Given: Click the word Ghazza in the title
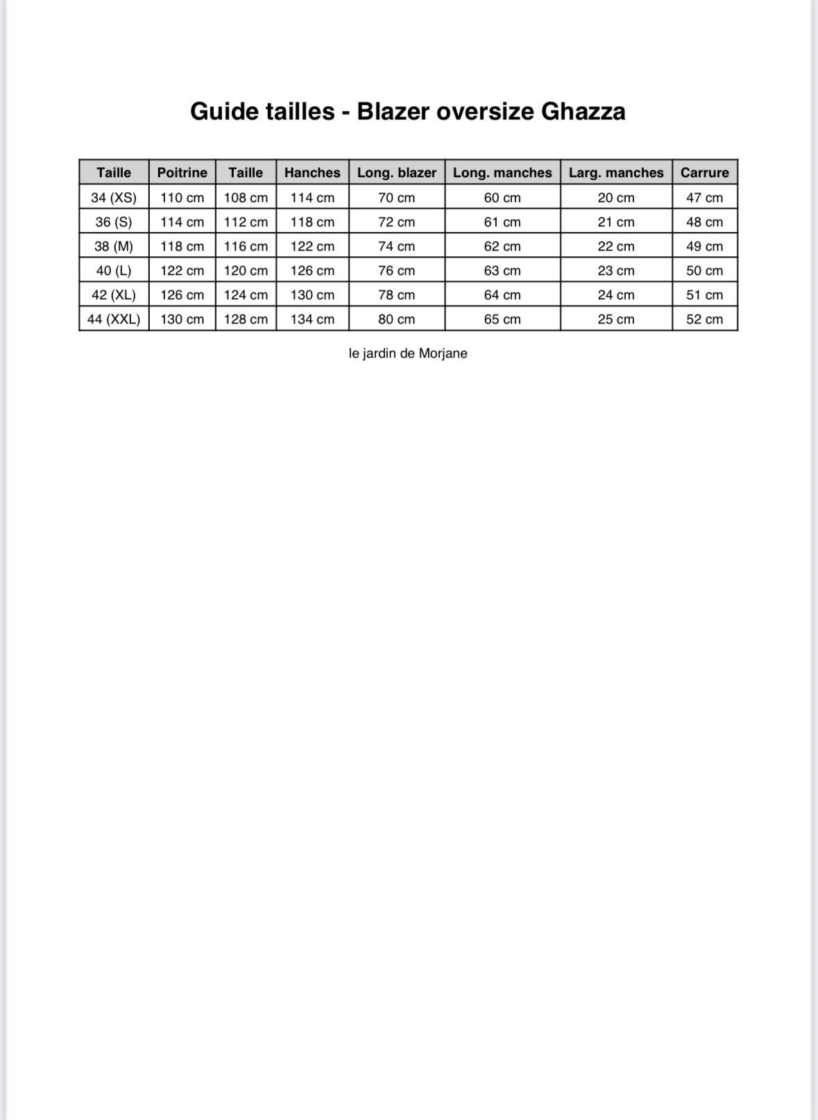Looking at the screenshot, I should pyautogui.click(x=583, y=111).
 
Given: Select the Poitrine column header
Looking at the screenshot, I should pyautogui.click(x=182, y=172).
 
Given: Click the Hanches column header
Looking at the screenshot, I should pyautogui.click(x=312, y=172).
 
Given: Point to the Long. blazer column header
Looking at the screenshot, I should pyautogui.click(x=397, y=172).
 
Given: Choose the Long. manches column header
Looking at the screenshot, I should pyautogui.click(x=502, y=172).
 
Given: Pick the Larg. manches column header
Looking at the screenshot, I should pyautogui.click(x=616, y=172).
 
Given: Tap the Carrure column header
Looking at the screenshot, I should pyautogui.click(x=704, y=172).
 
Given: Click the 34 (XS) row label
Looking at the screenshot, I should pyautogui.click(x=114, y=197).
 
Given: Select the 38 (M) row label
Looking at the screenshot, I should pyautogui.click(x=114, y=246).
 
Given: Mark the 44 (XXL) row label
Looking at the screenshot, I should pyautogui.click(x=114, y=319).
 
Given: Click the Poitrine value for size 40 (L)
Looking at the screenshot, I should pyautogui.click(x=182, y=270).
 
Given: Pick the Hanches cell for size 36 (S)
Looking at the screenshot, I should pyautogui.click(x=312, y=222).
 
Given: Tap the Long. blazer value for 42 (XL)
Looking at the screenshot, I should pyautogui.click(x=397, y=294).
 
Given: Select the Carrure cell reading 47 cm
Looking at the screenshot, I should pyautogui.click(x=704, y=197).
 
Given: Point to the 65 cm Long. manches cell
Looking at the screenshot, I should pyautogui.click(x=502, y=319).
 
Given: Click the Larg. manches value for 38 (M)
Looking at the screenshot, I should pyautogui.click(x=616, y=246).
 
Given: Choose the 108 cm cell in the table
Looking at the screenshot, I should pyautogui.click(x=246, y=197).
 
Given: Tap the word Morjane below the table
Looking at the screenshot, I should pyautogui.click(x=443, y=353).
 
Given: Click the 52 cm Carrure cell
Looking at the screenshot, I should pyautogui.click(x=704, y=319).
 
